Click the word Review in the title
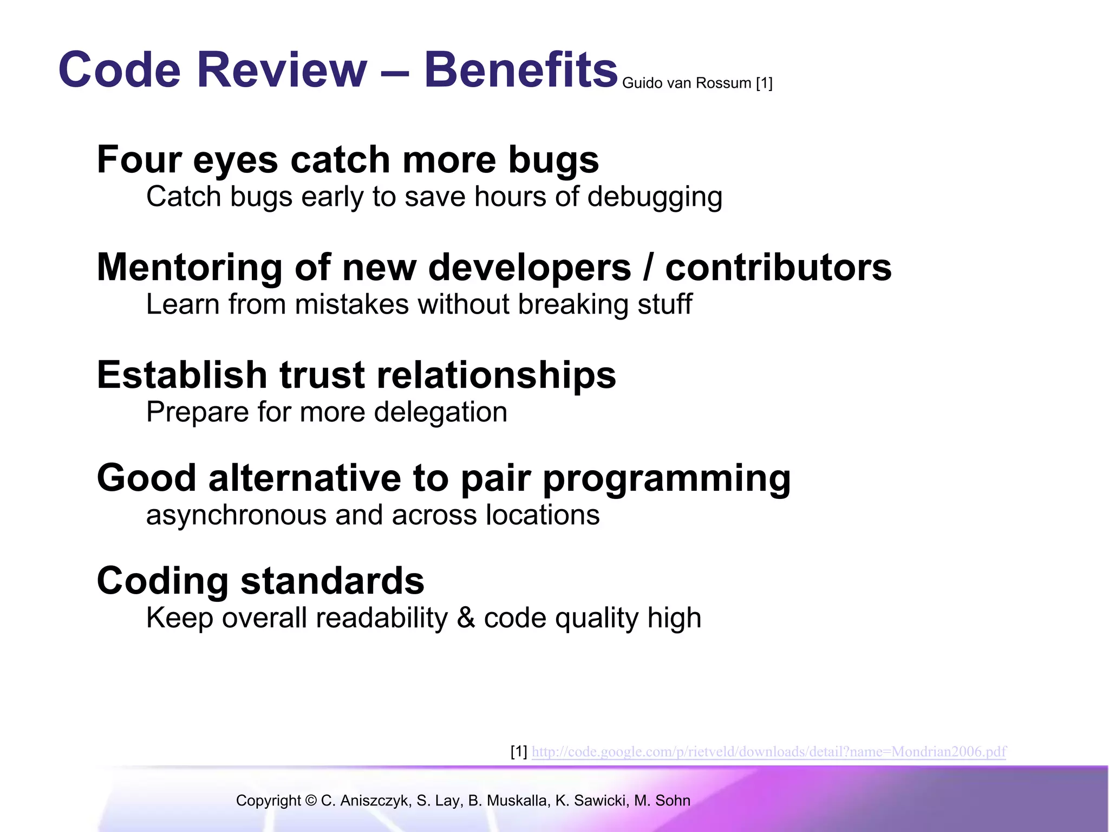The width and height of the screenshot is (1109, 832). click(x=282, y=70)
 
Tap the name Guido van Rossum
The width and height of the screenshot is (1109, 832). click(x=687, y=83)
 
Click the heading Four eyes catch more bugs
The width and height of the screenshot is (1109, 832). click(x=348, y=160)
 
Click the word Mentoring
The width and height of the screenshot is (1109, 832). click(x=190, y=268)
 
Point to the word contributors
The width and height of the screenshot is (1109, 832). click(x=778, y=268)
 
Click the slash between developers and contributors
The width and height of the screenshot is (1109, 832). click(x=648, y=268)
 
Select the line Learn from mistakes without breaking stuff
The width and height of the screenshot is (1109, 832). click(x=419, y=304)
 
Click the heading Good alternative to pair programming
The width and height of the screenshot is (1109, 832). click(x=443, y=479)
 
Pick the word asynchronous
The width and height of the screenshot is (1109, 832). click(x=236, y=515)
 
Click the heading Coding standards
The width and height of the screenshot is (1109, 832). click(x=260, y=581)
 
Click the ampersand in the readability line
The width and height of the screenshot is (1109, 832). click(x=466, y=618)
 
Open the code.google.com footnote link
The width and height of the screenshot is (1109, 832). click(x=768, y=752)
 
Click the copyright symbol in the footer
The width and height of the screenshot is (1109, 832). click(x=310, y=801)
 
